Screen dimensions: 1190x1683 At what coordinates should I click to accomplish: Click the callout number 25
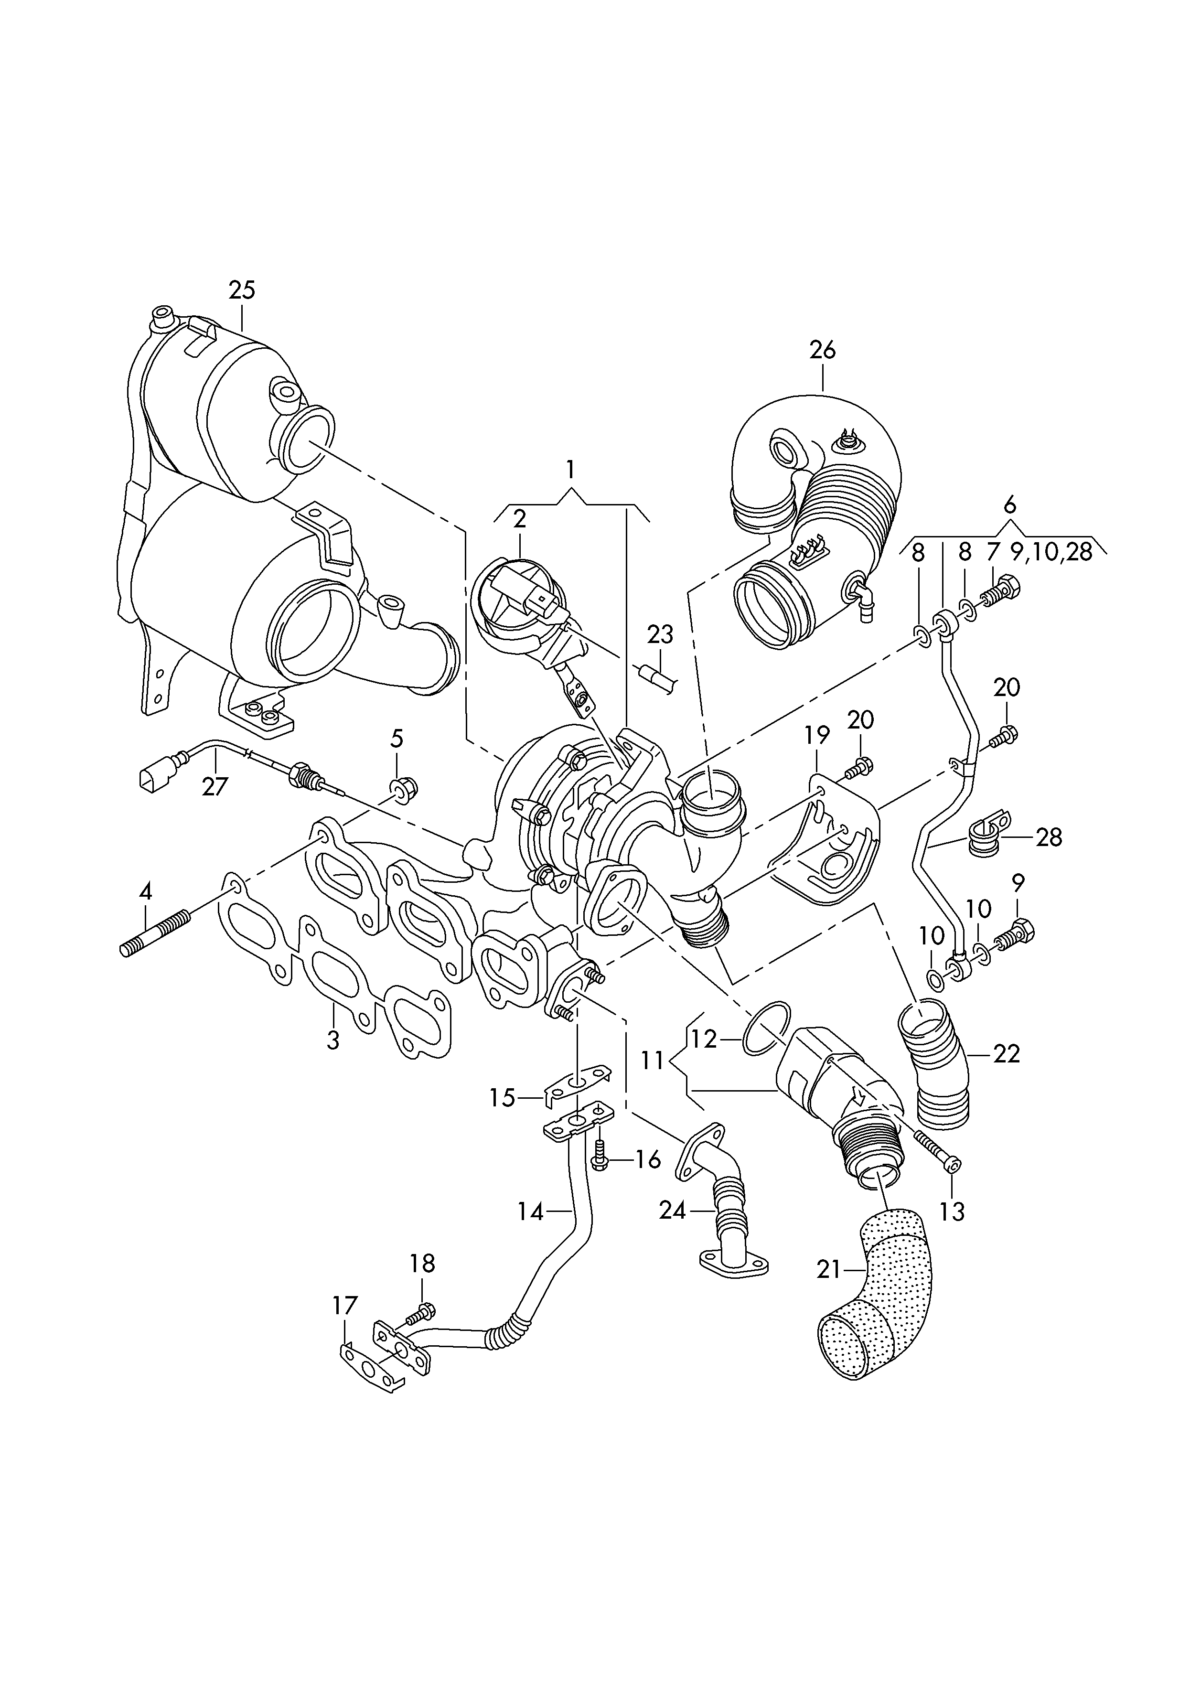coord(242,290)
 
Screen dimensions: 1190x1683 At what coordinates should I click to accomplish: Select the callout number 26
coord(823,350)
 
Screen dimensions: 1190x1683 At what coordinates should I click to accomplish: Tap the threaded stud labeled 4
coord(155,933)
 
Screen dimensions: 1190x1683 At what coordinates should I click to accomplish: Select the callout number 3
coord(333,1040)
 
